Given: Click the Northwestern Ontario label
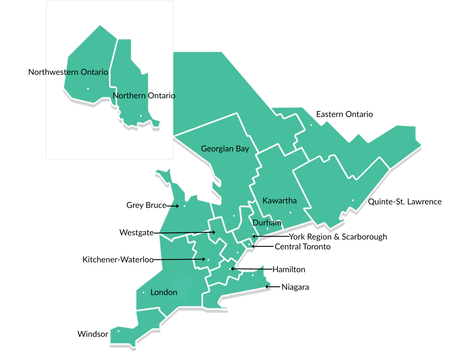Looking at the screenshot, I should (68, 72).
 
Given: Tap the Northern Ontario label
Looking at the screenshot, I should (144, 96).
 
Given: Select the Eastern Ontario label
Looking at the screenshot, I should (344, 114).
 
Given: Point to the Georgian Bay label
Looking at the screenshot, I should (225, 149).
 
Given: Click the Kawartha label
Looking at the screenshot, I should (279, 201).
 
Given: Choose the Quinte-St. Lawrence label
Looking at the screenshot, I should (405, 202).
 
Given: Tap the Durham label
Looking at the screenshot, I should (267, 223).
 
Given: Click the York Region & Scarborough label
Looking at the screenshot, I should (338, 237).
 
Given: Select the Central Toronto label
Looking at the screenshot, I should (302, 247).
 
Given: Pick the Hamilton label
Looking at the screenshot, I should (289, 269).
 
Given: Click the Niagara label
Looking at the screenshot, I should (295, 287).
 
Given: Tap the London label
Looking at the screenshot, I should (163, 292).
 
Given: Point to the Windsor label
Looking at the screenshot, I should (93, 334).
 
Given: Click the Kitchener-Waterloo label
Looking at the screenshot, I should (118, 260).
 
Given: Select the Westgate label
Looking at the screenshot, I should (136, 233).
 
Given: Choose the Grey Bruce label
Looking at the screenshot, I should (146, 205).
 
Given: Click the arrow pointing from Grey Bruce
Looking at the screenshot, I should (173, 206).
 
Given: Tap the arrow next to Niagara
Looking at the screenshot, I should (272, 287).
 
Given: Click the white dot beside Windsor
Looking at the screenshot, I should (118, 331).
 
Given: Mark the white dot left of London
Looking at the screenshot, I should (143, 293).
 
